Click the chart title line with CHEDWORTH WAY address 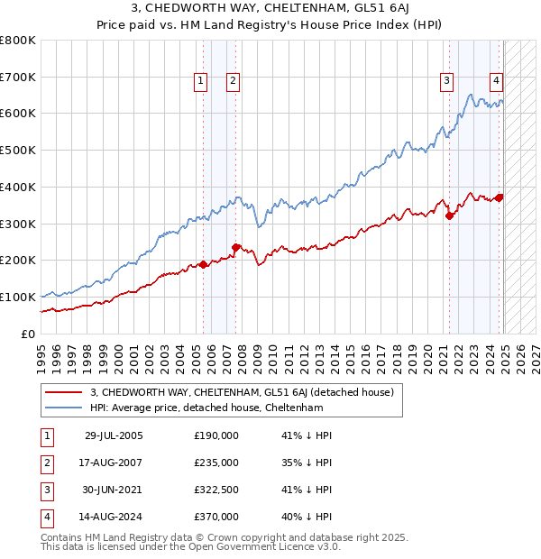270,10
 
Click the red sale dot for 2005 203,264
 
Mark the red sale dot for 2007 235,247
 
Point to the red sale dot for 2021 449,215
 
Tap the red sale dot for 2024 500,197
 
